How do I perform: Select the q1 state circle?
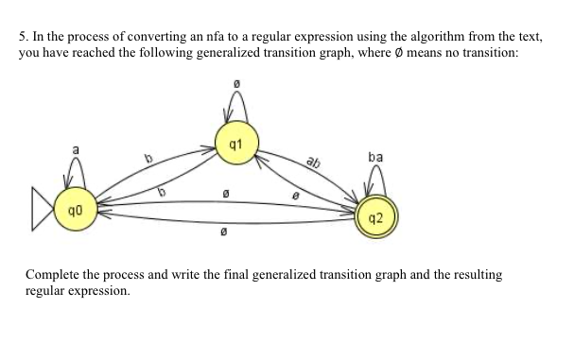tap(235, 145)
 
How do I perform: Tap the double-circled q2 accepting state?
tap(375, 217)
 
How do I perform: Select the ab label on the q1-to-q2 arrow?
tap(313, 162)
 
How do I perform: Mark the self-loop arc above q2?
tap(377, 176)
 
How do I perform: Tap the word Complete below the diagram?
tap(56, 275)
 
